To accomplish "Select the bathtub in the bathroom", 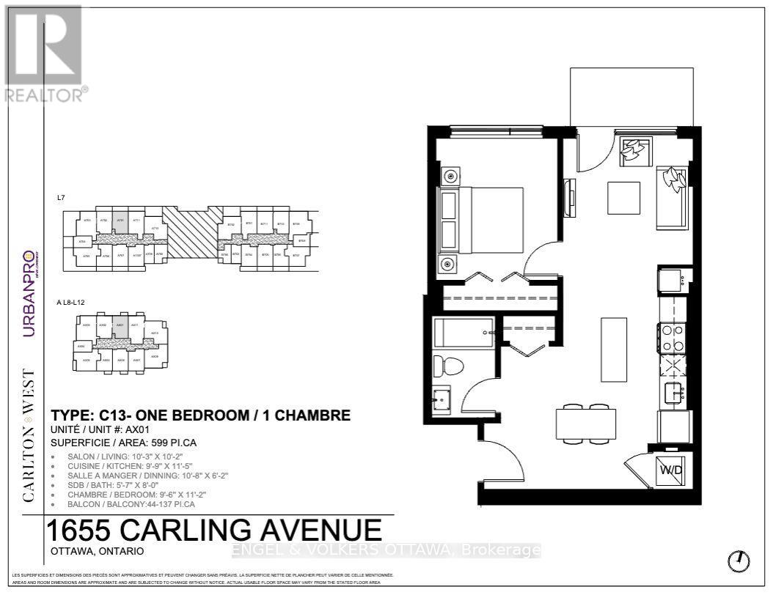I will pos(462,333).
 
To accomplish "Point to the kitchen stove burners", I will pos(672,338).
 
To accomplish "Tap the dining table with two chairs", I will pos(587,424).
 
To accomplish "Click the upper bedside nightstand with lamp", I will pos(449,176).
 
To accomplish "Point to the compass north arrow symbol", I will pos(739,561).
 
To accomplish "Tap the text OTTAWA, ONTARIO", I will pos(98,550).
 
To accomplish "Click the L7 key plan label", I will pos(61,198).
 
